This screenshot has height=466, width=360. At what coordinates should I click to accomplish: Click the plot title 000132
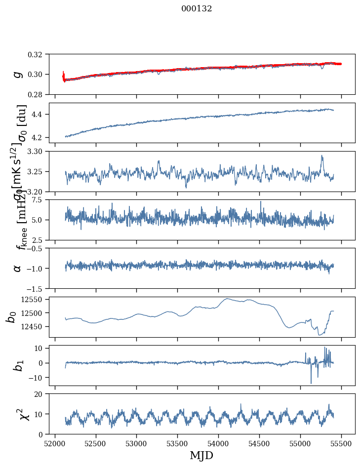coord(197,8)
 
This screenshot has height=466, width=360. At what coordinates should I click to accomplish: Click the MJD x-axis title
coord(201,455)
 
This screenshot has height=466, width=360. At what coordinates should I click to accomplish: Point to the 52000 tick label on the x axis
coord(54,443)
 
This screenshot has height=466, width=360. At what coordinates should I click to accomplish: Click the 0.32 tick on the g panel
coord(38,54)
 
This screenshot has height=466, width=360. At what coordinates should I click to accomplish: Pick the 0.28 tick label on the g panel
coord(38,94)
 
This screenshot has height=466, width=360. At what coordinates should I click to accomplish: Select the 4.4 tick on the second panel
coord(41,115)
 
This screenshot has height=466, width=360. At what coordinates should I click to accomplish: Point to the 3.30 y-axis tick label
coord(38,151)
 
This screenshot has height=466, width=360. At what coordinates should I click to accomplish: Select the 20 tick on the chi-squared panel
coord(41,394)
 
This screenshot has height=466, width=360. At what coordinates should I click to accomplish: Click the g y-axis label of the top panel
coord(18,74)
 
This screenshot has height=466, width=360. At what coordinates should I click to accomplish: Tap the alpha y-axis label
coord(18,268)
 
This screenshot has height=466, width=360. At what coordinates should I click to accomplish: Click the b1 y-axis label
coord(18,365)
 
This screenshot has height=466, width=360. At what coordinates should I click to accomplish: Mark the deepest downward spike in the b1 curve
coord(311,383)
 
